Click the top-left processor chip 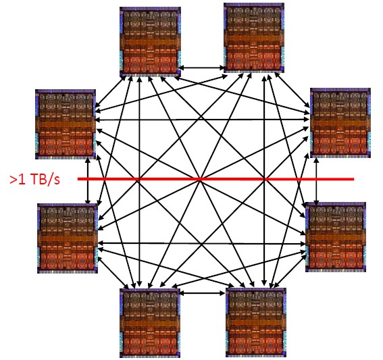150,42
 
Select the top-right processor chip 254,38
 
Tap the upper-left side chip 66,124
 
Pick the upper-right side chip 340,123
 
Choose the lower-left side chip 68,238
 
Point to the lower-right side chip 336,237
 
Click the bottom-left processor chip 150,323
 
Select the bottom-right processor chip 256,322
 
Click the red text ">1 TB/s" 34,180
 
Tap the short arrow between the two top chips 202,68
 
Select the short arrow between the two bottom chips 202,293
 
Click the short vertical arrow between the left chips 88,182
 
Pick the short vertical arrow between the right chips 317,181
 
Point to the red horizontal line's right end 354,179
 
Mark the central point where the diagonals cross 201,180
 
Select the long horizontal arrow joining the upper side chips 202,120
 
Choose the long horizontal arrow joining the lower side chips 202,243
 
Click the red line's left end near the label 78,179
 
